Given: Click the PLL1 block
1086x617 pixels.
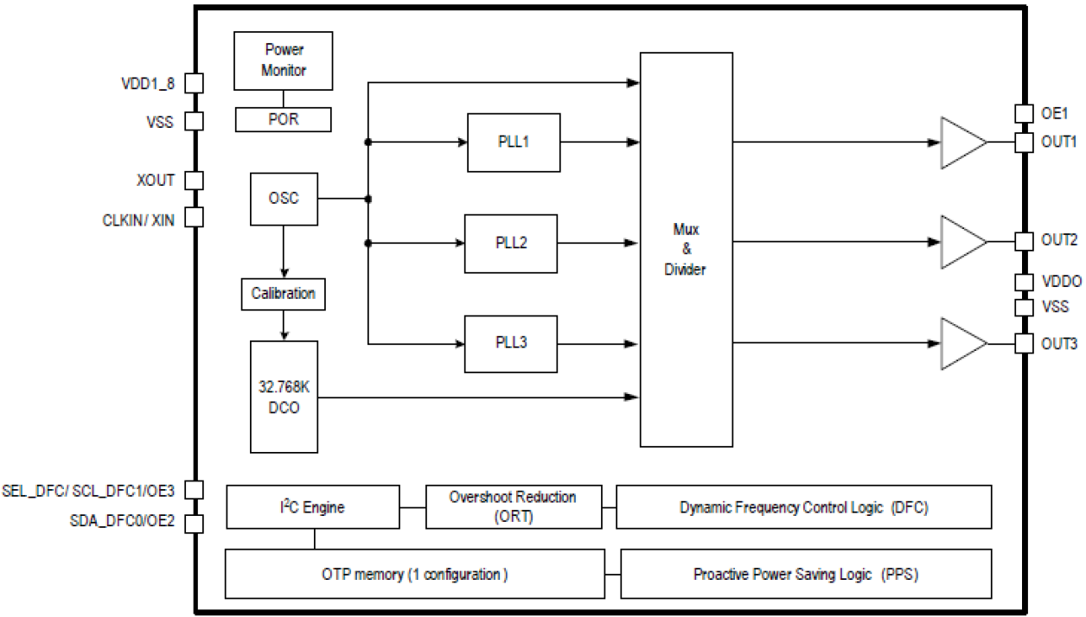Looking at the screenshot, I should point(514,143).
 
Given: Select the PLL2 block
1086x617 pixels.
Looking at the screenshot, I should point(511,243).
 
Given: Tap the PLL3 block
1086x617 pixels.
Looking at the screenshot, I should point(511,343).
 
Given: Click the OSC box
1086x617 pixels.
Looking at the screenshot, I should point(284,199).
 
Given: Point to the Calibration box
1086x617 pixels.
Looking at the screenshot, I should point(283,294).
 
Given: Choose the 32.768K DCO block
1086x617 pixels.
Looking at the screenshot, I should point(284,397).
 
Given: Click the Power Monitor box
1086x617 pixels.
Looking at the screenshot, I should point(284,60).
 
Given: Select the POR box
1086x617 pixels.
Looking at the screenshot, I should point(284,119).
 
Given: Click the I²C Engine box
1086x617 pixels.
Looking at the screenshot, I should point(313,507).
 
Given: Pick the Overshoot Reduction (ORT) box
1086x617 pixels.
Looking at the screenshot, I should point(514,507).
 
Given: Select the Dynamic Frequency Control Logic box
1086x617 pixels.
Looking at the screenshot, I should point(803,507).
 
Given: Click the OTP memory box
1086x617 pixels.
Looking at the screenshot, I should point(414,574).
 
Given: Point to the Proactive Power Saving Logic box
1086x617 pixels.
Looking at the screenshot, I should point(806,574).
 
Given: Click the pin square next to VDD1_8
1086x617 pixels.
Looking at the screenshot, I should point(195,83).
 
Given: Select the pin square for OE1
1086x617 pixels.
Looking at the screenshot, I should point(1024,114).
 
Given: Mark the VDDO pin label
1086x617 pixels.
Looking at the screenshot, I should point(1060,283).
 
